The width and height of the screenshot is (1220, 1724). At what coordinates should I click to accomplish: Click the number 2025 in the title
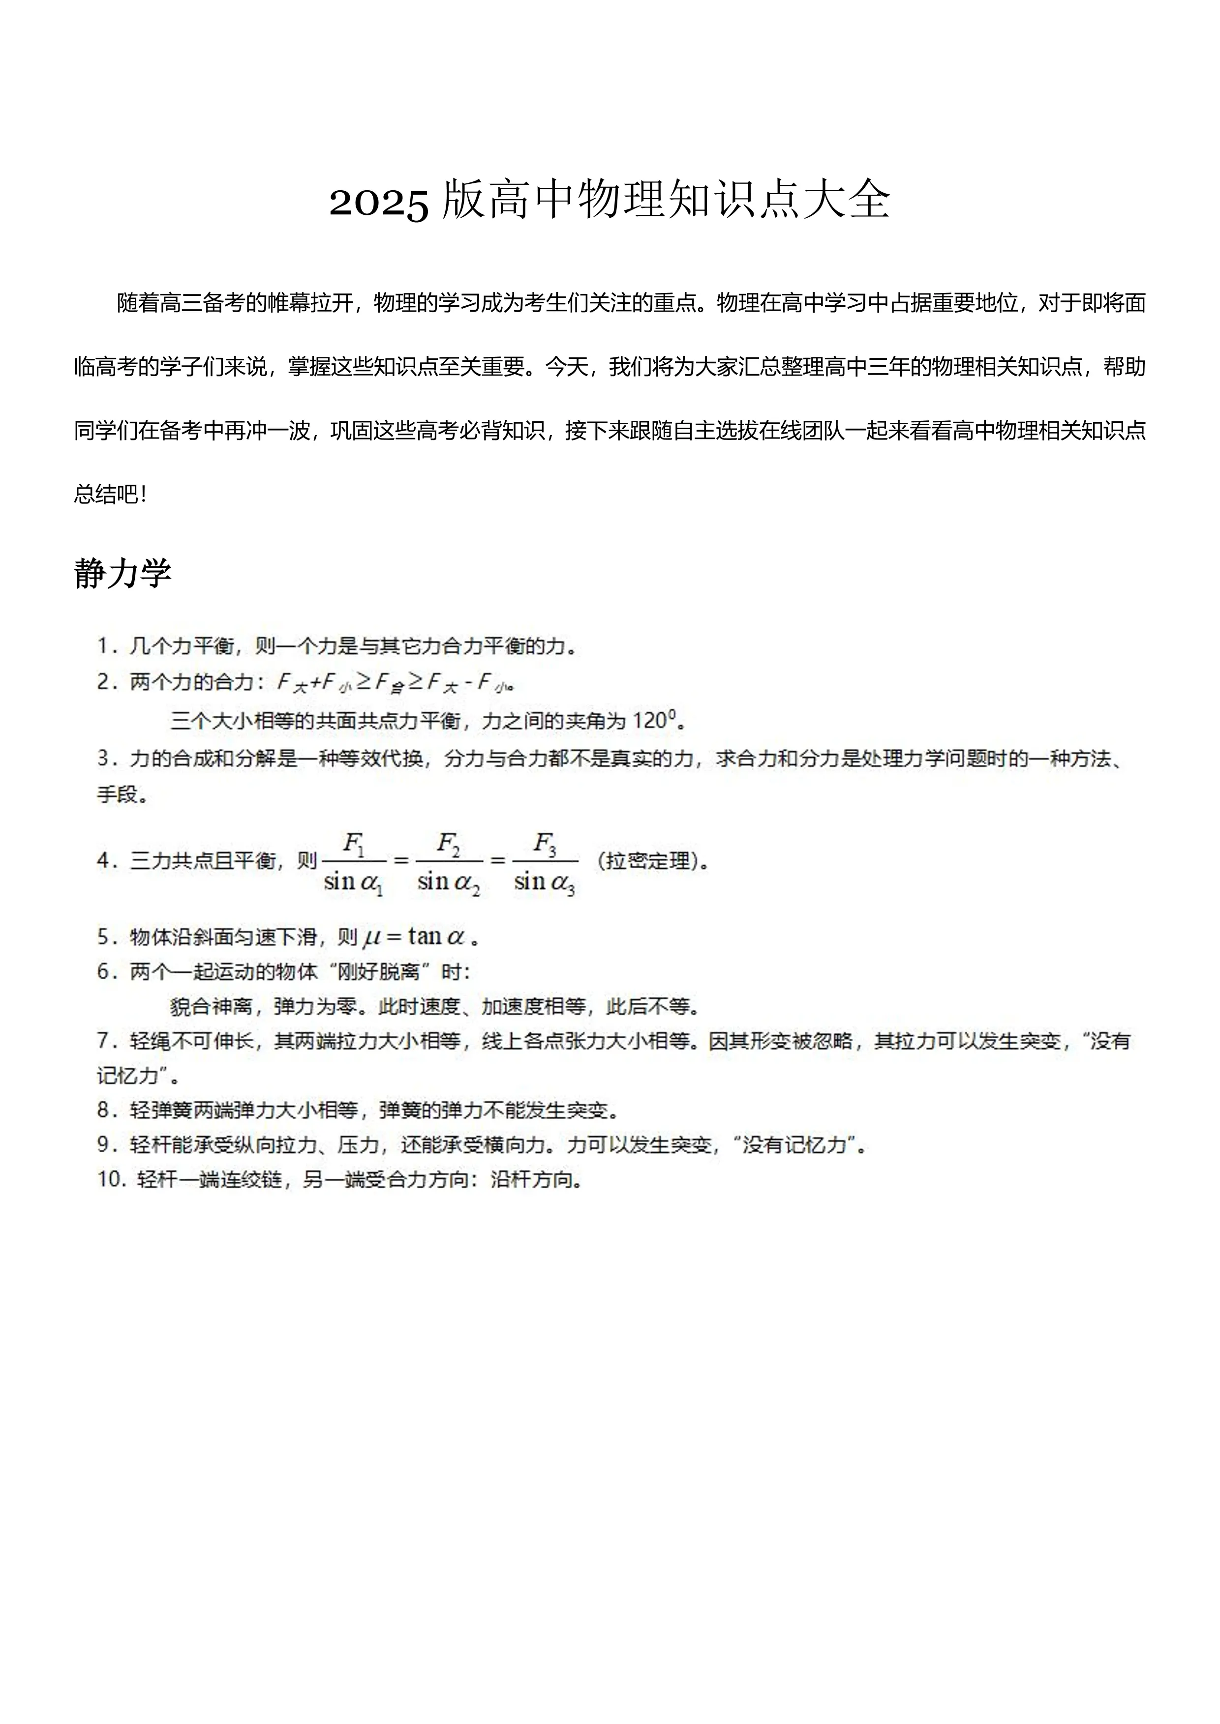[x=379, y=201]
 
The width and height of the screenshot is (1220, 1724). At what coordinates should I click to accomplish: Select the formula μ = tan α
[x=414, y=936]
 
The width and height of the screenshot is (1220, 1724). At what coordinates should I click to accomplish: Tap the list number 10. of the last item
[x=111, y=1180]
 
